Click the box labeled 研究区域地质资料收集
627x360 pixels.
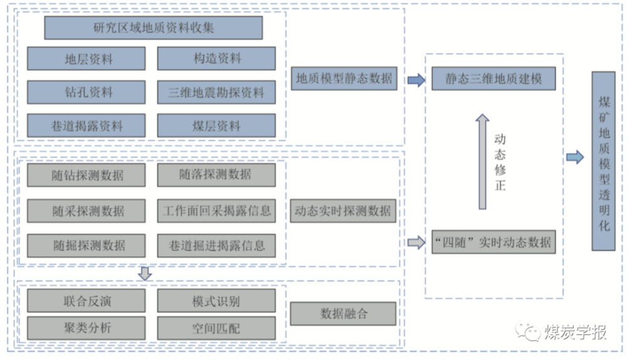tap(154, 28)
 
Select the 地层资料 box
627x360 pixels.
tap(87, 59)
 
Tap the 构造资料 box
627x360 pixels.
tap(216, 59)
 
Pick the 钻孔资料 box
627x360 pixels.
tap(87, 92)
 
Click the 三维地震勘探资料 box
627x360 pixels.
tap(216, 92)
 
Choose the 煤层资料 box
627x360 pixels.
tap(216, 125)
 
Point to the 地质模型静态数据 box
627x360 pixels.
tap(344, 78)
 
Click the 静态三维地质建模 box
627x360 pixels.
tap(494, 79)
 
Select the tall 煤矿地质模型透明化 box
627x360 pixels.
tap(604, 161)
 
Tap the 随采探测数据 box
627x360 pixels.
tap(87, 210)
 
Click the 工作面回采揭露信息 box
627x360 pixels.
tap(216, 210)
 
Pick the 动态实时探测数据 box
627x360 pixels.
tap(344, 211)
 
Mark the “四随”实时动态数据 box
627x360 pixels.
tap(494, 241)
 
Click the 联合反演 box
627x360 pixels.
tap(87, 300)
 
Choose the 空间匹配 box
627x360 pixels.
tap(216, 327)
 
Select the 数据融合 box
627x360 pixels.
tap(344, 314)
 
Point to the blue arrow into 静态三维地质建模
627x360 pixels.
tap(415, 80)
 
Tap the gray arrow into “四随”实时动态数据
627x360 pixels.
tap(415, 242)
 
